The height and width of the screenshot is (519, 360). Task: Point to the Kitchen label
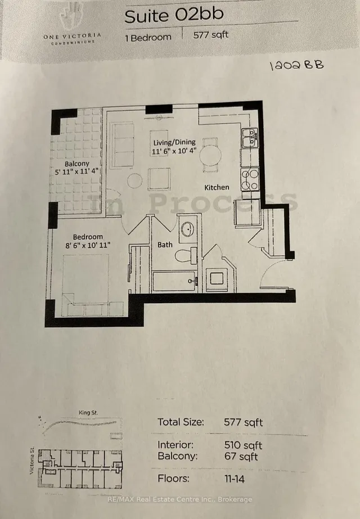pos(217,187)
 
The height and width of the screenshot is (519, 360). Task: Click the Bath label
pos(165,245)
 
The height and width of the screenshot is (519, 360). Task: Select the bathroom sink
pos(188,229)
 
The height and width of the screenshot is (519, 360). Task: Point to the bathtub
pos(174,281)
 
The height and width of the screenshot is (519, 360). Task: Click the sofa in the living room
pos(123,145)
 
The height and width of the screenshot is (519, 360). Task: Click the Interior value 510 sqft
pos(241,445)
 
